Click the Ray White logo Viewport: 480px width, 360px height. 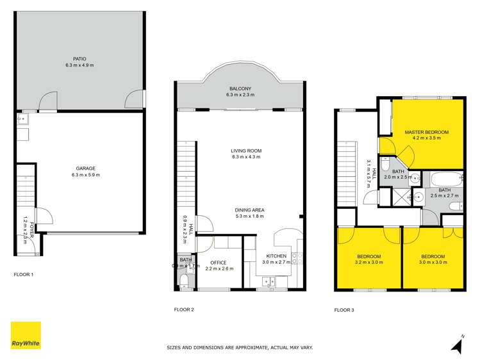point(26,335)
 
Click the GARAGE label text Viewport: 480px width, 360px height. point(80,168)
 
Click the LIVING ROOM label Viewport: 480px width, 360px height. point(246,151)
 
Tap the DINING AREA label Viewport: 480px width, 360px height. point(250,210)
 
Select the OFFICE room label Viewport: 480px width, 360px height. point(219,262)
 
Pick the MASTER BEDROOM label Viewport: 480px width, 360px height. point(427,132)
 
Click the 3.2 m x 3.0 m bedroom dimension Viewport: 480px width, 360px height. point(370,262)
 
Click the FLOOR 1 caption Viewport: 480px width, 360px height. point(24,275)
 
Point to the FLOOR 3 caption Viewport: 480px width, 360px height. point(343,309)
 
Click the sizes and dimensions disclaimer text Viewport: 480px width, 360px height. point(240,348)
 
